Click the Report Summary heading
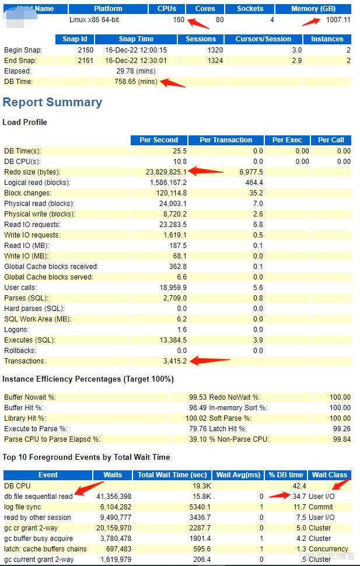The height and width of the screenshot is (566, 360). click(52, 102)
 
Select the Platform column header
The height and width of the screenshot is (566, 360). click(108, 9)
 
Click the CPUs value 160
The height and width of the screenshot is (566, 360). click(179, 19)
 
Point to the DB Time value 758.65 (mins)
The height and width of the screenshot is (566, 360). click(136, 82)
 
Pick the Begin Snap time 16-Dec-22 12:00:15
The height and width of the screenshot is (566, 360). click(136, 50)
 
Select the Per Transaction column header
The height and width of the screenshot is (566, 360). click(226, 140)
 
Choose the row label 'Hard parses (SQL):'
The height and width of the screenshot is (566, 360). click(34, 309)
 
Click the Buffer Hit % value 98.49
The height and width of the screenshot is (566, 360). click(188, 408)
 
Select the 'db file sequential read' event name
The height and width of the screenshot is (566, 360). click(39, 497)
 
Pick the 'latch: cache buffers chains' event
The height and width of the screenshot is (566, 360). click(46, 549)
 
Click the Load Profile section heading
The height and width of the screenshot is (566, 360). click(25, 122)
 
